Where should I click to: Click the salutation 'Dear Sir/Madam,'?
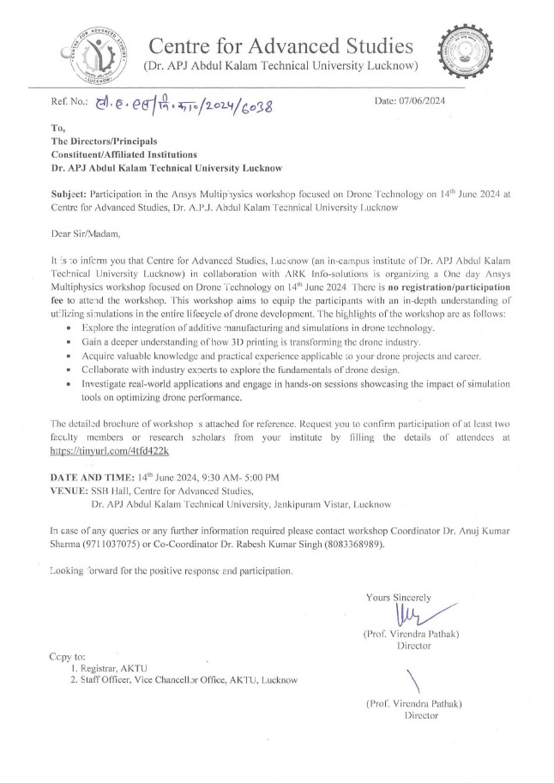click(87, 230)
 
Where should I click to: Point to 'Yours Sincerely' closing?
click(398, 596)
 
